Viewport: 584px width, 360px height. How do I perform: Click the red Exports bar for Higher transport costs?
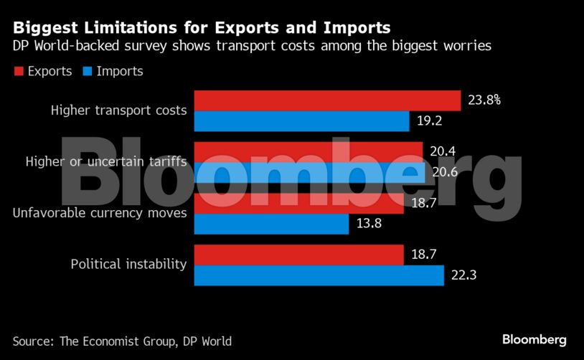326,101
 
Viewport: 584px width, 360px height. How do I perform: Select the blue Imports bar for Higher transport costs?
301,121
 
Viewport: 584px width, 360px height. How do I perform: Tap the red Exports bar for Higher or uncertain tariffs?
308,151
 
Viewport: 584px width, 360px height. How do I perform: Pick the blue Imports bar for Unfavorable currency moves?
272,224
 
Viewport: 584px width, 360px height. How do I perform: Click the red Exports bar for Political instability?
298,255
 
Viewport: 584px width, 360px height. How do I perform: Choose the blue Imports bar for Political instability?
319,275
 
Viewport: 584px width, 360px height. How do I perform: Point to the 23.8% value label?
484,101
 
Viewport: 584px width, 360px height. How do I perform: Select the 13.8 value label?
369,224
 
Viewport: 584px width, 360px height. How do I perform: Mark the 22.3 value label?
463,275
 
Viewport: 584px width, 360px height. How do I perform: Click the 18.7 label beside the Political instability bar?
423,255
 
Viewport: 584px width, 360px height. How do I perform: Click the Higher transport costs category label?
118,111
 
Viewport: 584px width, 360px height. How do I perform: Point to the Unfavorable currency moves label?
100,213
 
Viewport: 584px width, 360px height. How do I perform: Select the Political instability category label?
128,265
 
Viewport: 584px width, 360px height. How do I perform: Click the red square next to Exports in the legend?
18,72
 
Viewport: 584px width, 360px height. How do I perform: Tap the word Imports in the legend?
119,72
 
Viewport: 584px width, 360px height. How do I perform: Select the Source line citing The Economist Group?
122,341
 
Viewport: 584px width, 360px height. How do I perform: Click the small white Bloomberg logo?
534,340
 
